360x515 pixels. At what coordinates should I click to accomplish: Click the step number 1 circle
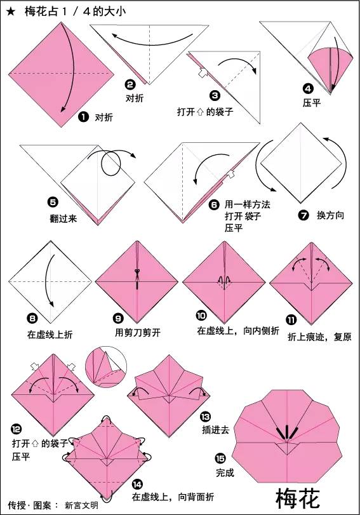(x=83, y=117)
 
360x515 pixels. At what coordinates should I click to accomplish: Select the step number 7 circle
(x=303, y=215)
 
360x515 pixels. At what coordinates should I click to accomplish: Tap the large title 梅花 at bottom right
(x=303, y=496)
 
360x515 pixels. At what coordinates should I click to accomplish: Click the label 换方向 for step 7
(x=330, y=216)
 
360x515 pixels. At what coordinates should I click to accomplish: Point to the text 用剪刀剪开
(x=135, y=332)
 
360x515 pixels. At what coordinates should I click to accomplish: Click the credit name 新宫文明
(x=81, y=505)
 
